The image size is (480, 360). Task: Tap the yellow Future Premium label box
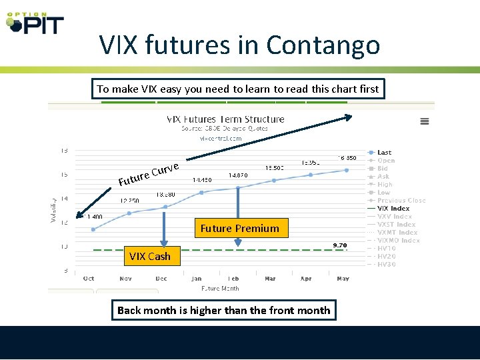click(x=239, y=228)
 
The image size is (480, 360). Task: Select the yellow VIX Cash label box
click(x=150, y=256)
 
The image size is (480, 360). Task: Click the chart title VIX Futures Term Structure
click(x=225, y=119)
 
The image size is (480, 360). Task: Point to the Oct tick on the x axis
click(x=89, y=278)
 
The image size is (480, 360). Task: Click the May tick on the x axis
click(x=343, y=278)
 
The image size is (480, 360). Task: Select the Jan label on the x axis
click(x=196, y=278)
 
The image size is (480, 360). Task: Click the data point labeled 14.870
click(x=238, y=187)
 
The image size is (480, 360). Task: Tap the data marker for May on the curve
click(x=347, y=170)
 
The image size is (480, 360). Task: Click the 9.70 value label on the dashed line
click(x=340, y=245)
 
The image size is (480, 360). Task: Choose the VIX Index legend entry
click(x=393, y=209)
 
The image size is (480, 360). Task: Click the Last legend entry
click(x=384, y=153)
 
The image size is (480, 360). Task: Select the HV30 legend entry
click(x=386, y=265)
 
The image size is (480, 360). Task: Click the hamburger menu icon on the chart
click(x=424, y=121)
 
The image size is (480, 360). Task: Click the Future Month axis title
click(x=220, y=289)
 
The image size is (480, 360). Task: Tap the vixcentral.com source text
click(x=221, y=139)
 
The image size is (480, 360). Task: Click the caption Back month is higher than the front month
click(x=223, y=310)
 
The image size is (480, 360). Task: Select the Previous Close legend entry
click(x=400, y=201)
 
